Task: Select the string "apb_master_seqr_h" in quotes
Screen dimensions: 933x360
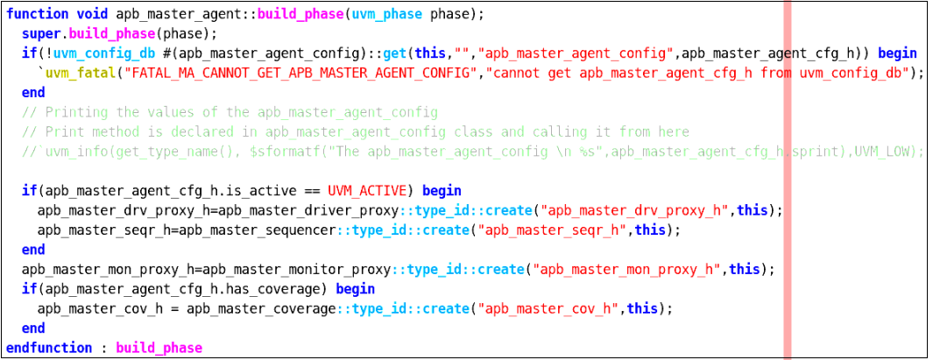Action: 552,229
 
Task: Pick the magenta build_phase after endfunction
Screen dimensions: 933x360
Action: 159,348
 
